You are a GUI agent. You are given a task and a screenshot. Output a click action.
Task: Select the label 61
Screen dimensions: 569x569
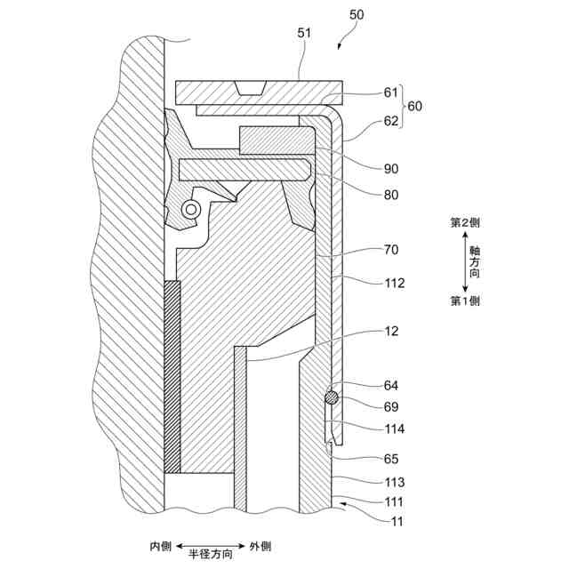coord(391,92)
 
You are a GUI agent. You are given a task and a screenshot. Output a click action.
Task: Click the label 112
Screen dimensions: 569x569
coord(395,284)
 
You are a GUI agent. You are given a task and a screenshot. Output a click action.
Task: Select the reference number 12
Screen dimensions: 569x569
coord(391,331)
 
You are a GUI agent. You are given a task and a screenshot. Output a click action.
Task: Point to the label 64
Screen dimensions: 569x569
coord(391,386)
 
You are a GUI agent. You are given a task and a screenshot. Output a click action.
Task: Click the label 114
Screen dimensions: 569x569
coord(395,429)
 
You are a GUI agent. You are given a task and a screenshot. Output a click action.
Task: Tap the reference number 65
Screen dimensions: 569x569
coord(391,459)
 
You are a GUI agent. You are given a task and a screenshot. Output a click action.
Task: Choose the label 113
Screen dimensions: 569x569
coord(395,483)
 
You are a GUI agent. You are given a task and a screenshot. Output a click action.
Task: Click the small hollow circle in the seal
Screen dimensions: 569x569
coord(188,209)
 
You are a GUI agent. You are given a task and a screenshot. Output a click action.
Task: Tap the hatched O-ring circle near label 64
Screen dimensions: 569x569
coord(331,397)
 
